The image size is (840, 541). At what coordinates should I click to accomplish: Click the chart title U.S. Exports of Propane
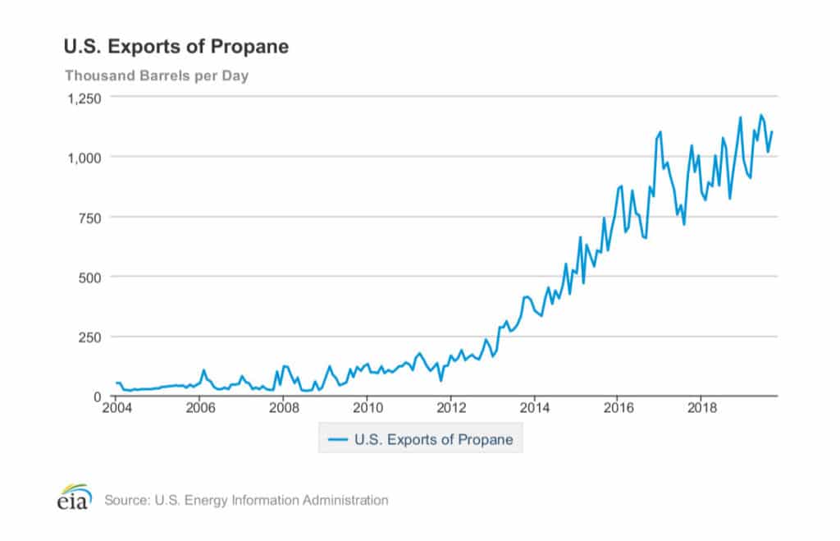pos(176,47)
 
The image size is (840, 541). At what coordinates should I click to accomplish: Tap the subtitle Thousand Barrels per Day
pos(157,76)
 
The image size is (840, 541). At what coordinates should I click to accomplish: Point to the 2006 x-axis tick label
pos(199,408)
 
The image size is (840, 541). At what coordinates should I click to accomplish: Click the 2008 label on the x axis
pos(283,408)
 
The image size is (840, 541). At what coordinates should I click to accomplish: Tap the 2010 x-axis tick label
pos(367,408)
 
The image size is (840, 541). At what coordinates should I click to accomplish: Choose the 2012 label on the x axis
pos(451,408)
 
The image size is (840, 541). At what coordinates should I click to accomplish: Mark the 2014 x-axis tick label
pos(535,408)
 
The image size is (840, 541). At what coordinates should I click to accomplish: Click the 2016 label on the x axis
pos(619,408)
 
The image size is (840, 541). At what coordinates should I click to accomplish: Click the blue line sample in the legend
pos(337,439)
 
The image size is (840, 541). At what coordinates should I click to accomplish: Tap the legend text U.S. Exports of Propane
pos(433,439)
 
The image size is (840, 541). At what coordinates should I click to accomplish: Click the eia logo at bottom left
pos(73,497)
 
